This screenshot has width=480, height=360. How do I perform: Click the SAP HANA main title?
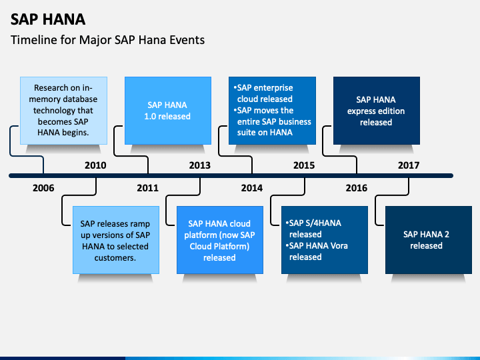click(x=48, y=19)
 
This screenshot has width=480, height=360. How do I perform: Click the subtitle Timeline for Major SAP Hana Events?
click(x=107, y=40)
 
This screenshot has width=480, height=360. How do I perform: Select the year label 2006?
click(x=43, y=188)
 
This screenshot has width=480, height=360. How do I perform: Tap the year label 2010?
click(x=95, y=165)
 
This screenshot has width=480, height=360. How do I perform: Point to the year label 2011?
click(x=147, y=188)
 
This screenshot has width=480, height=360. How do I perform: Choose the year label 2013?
click(x=200, y=165)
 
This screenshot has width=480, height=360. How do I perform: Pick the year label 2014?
click(x=252, y=188)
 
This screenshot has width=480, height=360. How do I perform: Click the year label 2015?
click(x=304, y=165)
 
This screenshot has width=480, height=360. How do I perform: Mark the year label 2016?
click(x=357, y=188)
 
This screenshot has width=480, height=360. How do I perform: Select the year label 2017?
click(x=409, y=165)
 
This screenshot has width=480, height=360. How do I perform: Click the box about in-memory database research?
click(x=64, y=111)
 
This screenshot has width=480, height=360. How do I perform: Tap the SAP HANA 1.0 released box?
click(x=168, y=111)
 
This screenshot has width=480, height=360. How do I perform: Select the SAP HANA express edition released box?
click(x=377, y=111)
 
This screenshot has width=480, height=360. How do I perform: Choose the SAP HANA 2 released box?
click(x=429, y=240)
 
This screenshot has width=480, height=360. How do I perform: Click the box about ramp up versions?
click(x=116, y=240)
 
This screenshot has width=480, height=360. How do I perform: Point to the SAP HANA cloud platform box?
click(x=220, y=240)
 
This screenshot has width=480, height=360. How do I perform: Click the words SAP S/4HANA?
click(x=315, y=223)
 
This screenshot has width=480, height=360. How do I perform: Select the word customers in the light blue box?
click(x=115, y=258)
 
